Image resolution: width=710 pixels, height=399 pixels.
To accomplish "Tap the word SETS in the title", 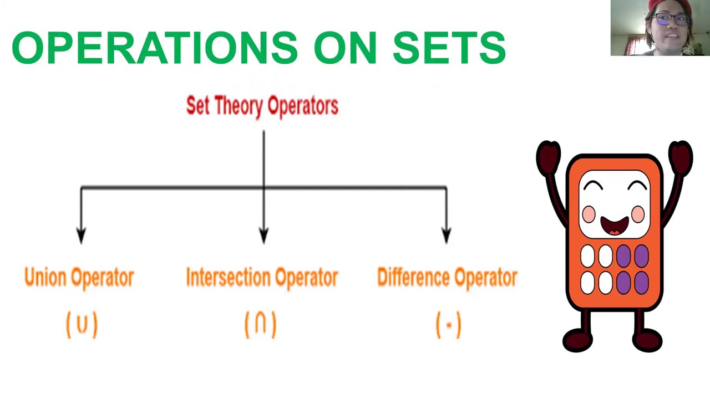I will point(449,48).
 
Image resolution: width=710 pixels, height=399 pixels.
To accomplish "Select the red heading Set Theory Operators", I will point(262,105).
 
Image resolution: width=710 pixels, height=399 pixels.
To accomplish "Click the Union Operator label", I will point(79,277).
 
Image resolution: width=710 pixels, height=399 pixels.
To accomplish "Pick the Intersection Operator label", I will point(262,277).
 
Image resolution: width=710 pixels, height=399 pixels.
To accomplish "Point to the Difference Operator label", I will point(447,277).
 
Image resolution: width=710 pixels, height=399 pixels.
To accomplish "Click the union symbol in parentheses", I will point(82,324).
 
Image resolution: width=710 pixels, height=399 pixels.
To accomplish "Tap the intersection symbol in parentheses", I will point(261,324).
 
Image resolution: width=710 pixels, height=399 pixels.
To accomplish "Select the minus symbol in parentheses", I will point(448,325).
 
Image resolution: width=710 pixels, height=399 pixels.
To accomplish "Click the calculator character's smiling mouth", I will point(615,225).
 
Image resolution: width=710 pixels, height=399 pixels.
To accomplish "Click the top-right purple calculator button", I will point(641,256).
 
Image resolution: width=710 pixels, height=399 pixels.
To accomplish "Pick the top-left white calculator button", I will point(587,256).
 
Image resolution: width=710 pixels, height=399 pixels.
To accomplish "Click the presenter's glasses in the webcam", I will point(671,20).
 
